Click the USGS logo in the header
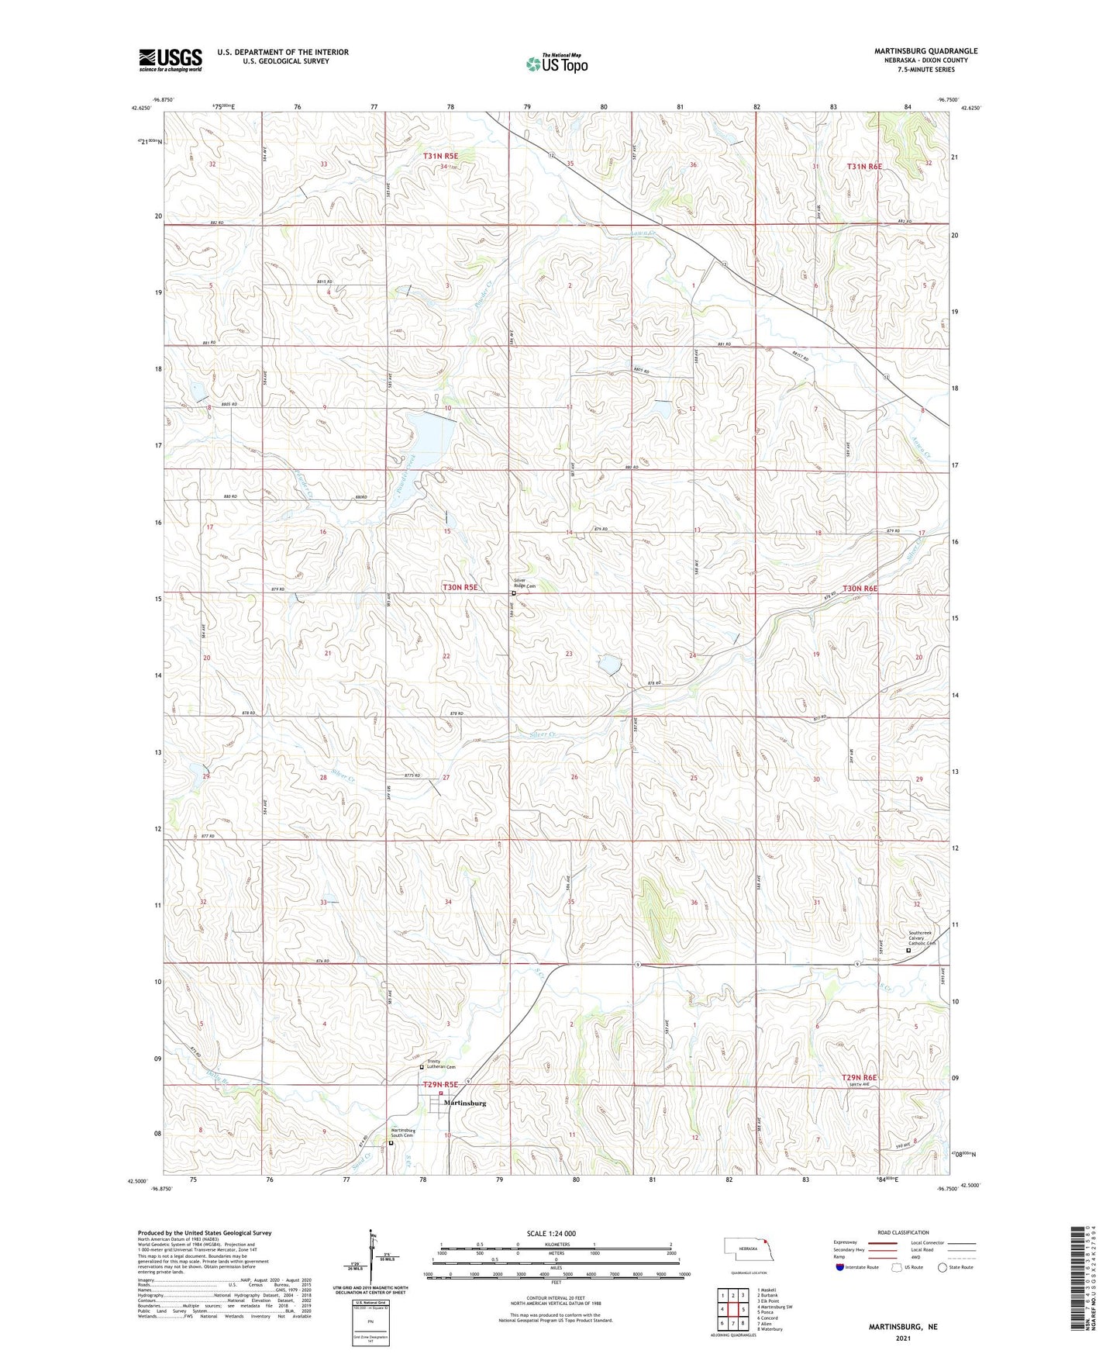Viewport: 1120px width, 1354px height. click(171, 60)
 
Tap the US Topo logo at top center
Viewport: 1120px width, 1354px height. click(556, 64)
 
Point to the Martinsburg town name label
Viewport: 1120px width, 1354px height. click(464, 1103)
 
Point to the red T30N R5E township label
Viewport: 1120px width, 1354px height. click(460, 588)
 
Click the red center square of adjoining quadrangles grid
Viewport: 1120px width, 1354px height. click(732, 1309)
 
